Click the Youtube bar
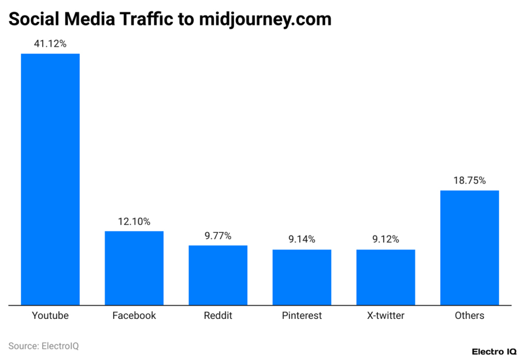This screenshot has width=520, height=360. [50, 179]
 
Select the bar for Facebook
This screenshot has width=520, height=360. [134, 268]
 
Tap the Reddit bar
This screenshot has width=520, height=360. [218, 275]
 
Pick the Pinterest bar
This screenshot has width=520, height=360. [302, 277]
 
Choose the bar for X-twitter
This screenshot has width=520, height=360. [385, 277]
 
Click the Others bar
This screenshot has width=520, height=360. [470, 248]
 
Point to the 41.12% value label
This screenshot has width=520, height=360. [50, 44]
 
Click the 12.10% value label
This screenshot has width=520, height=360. [134, 222]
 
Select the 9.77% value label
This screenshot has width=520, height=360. [218, 236]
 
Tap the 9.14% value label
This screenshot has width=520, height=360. [302, 240]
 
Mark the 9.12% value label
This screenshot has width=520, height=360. [385, 240]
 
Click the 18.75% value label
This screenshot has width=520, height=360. [470, 181]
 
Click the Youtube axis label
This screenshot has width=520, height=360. [50, 316]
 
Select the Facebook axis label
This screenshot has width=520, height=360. [134, 316]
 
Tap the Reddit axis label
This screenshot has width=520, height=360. [218, 316]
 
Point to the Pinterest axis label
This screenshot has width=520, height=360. [302, 316]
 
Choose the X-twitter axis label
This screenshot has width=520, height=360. [385, 316]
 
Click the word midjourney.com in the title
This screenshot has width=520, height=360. [265, 20]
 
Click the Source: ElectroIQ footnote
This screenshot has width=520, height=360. [44, 345]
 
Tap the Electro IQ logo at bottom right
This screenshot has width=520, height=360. [493, 352]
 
